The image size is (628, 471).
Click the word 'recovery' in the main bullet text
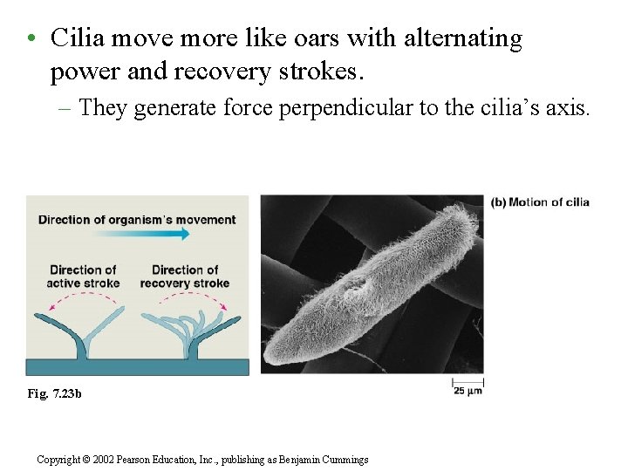tap(222, 72)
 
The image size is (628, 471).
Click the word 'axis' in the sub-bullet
tap(568, 107)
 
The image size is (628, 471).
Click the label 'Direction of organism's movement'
tap(137, 219)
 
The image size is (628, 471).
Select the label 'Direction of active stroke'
tap(83, 276)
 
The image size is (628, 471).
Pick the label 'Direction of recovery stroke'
tap(185, 276)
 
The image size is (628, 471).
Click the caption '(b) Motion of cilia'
tap(540, 202)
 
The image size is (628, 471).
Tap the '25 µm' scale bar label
tap(468, 391)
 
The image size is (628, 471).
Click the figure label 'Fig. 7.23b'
tap(55, 394)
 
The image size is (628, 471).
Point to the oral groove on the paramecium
tap(355, 288)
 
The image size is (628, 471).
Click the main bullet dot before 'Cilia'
tap(31, 39)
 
